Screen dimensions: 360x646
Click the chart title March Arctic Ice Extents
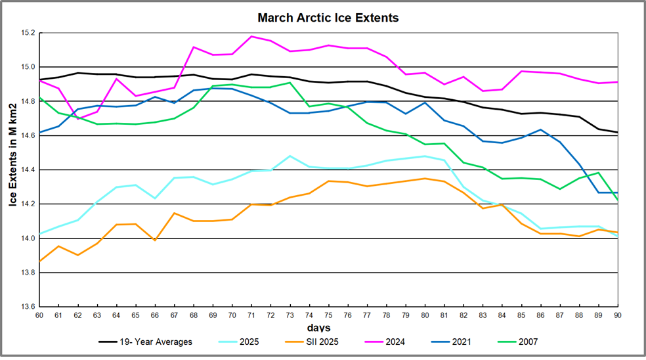pyautogui.click(x=328, y=18)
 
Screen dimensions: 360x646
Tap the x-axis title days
pyautogui.click(x=319, y=327)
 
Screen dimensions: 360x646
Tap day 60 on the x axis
pyautogui.click(x=39, y=316)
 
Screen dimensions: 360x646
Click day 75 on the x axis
pyautogui.click(x=329, y=316)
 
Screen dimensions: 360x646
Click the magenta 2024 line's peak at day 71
pyautogui.click(x=252, y=36)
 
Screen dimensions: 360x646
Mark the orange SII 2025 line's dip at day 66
pyautogui.click(x=156, y=240)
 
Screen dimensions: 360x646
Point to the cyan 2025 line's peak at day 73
pyautogui.click(x=290, y=156)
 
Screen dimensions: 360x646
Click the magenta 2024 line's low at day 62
pyautogui.click(x=78, y=119)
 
